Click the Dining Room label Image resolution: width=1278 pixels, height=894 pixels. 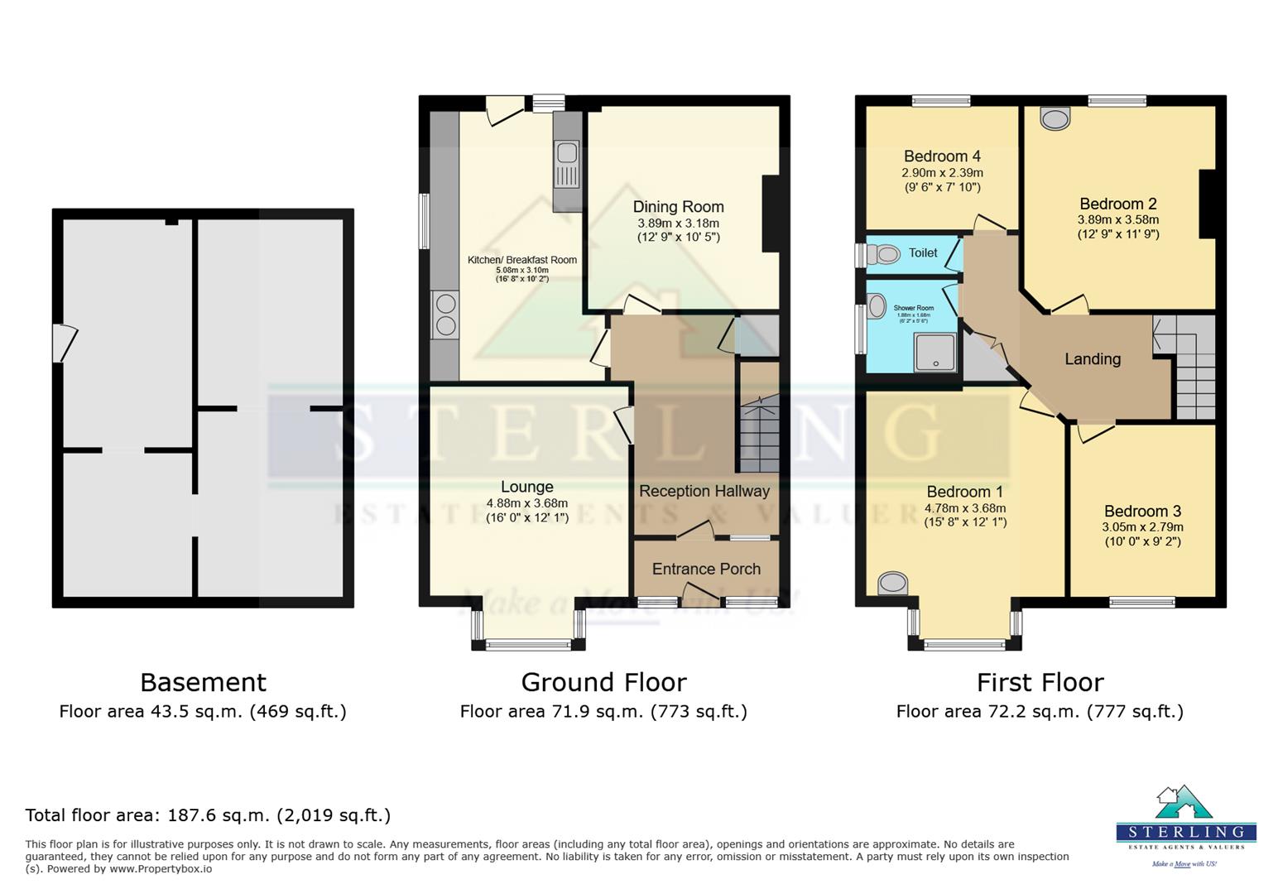[678, 207]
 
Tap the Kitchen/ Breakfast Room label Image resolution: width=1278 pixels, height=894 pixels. [521, 260]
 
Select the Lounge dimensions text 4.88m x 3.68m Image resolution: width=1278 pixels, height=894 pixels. [526, 503]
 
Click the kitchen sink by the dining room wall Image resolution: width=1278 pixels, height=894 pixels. [567, 164]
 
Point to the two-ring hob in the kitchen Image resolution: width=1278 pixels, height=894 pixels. [444, 315]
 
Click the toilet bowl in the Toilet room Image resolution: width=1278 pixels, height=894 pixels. [882, 254]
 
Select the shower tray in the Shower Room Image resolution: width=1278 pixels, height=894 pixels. [934, 353]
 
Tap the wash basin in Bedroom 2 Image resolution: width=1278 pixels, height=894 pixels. [1055, 118]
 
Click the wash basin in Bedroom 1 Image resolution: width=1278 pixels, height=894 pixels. [892, 583]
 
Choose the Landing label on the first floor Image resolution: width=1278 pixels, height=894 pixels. [1092, 359]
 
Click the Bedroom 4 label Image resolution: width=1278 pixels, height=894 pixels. [942, 156]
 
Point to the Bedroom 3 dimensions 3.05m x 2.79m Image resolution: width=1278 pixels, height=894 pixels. [1142, 527]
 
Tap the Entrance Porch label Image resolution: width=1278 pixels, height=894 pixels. [706, 569]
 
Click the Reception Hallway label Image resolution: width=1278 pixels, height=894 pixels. [704, 491]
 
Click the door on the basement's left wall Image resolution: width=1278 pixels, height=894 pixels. [63, 343]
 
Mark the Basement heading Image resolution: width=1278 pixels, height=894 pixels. [203, 682]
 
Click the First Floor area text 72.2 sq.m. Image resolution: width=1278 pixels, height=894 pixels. [1040, 711]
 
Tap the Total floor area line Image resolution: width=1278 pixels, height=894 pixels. [208, 815]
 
